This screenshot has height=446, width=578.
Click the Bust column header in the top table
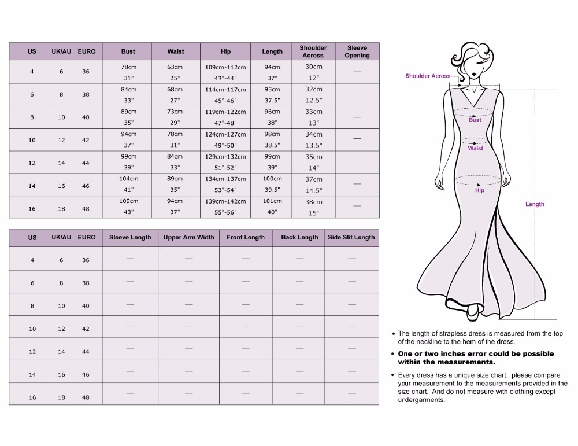pos(128,51)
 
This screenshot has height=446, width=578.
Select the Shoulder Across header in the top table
pos(313,51)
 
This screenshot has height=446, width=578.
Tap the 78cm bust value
pos(128,67)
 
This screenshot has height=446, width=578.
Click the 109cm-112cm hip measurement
pos(225,67)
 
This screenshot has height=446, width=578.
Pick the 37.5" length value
pos(272,101)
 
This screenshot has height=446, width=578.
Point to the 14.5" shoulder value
pos(314,190)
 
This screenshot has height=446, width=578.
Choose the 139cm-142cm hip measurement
pos(225,201)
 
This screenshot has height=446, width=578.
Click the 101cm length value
pos(272,201)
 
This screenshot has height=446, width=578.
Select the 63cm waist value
pos(175,67)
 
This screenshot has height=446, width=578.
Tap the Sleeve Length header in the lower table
pos(130,237)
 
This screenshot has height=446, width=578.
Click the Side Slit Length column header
pos(351,237)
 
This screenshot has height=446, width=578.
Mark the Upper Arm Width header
pos(188,237)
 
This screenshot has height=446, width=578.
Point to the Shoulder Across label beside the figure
pos(428,76)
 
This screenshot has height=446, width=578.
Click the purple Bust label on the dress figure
pos(475,120)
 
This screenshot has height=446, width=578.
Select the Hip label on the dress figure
pos(480,190)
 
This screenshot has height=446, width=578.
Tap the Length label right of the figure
pos(535,204)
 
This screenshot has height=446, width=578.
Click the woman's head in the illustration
pos(471,62)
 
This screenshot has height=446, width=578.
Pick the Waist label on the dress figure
pos(476,149)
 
